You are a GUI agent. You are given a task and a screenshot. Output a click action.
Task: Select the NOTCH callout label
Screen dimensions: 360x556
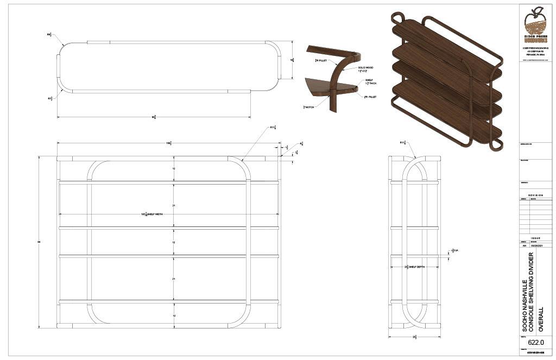tap(308, 107)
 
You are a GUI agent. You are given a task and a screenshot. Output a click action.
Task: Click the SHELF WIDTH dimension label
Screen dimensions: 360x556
tap(152, 214)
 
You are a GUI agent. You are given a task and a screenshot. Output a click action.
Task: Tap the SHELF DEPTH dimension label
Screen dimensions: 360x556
tap(414, 267)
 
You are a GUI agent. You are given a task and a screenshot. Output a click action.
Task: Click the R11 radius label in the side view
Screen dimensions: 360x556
tap(403, 142)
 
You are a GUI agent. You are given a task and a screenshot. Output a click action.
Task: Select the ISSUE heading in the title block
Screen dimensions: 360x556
tap(535, 237)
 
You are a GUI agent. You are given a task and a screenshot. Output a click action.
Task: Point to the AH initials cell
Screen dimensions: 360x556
tap(524, 245)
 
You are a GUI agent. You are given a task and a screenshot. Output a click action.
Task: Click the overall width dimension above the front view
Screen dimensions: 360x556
tap(169, 143)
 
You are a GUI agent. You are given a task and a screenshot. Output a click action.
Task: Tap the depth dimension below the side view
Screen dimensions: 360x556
tap(414, 337)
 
